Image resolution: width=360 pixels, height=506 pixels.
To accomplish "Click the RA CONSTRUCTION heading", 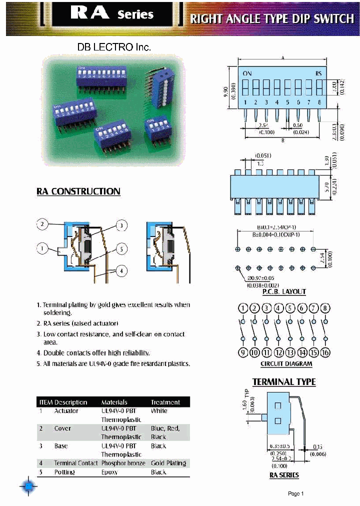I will (x=78, y=191).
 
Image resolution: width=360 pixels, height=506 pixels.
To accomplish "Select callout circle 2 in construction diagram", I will (x=43, y=224).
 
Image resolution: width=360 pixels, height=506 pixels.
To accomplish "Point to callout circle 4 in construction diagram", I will (x=120, y=271).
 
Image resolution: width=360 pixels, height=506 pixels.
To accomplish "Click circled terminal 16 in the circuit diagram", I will (x=325, y=353).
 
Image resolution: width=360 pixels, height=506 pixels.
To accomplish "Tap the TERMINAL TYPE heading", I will (x=284, y=382).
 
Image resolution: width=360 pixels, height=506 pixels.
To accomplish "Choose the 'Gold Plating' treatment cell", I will (x=168, y=463).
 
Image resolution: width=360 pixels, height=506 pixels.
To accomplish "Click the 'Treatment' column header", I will (x=165, y=402).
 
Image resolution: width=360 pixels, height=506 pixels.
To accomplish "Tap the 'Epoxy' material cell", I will (x=109, y=472).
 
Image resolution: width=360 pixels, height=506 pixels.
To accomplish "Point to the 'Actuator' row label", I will (x=66, y=411).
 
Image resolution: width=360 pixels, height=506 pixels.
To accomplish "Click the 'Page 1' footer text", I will (x=296, y=494).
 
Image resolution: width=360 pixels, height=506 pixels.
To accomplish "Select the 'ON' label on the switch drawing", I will (x=247, y=73).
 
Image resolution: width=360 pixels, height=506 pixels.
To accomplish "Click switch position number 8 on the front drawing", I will (x=318, y=102).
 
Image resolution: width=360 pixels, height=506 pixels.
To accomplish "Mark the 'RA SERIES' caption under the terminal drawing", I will (x=284, y=475).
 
